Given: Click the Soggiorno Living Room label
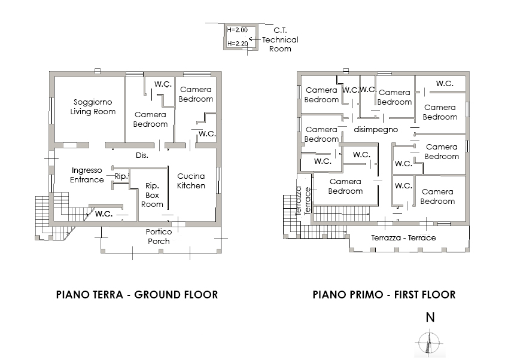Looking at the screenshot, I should pos(93,106).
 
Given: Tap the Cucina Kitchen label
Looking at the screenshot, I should pos(191,181).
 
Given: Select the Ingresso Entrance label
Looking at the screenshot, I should pos(87,175).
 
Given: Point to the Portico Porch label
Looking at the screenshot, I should pos(159,236).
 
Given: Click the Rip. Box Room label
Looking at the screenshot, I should pos(152,195).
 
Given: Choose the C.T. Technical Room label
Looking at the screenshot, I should pos(279,39).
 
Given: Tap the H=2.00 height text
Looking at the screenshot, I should pos(238,29).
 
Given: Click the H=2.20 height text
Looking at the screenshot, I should pos(238,44).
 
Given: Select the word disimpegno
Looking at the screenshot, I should pos(376,129).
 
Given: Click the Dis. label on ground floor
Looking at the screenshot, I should pos(142,155).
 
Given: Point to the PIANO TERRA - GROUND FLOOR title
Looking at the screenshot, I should pos(136,295).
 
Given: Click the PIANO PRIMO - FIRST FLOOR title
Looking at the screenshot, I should pos(384,295).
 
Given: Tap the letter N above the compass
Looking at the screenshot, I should pos(430,318).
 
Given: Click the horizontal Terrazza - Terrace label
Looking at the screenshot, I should pos(403,237).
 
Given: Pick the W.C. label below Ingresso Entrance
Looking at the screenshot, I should pos(104,213).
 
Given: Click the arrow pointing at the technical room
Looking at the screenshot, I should pos(254,40).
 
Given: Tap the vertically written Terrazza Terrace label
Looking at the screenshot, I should pos(303,201).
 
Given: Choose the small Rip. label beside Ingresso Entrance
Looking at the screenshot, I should pos(121,176).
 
